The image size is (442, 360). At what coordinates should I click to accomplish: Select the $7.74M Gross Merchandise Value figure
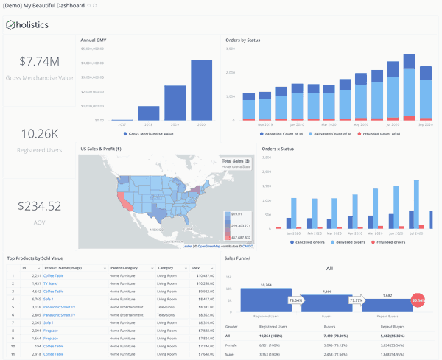[x=40, y=62]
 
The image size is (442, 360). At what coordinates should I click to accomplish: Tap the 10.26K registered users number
[x=40, y=133]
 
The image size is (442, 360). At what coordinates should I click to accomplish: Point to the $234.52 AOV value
[x=40, y=206]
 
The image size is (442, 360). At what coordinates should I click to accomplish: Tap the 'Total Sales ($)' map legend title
[x=236, y=161]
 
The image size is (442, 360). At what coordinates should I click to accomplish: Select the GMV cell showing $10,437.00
[x=204, y=275]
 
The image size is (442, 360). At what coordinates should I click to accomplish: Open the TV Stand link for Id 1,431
[x=51, y=283]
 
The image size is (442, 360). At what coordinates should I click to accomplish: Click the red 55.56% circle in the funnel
[x=418, y=300]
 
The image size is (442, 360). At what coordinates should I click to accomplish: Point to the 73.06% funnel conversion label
[x=296, y=300]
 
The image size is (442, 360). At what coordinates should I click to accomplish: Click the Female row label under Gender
[x=231, y=344]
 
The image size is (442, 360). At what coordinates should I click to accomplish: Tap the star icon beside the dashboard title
[x=89, y=5]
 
